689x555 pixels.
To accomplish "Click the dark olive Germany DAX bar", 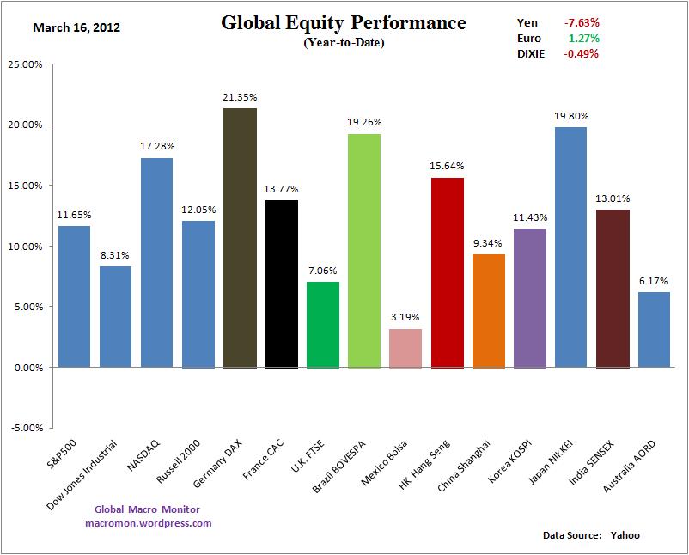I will [240, 237].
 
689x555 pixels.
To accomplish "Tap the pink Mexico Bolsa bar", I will [405, 347].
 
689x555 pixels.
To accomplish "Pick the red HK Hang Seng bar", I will [447, 271].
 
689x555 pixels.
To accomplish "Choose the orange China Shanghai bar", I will [488, 310].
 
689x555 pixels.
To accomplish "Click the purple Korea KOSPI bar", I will [529, 297].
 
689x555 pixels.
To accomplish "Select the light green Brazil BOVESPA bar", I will [364, 250].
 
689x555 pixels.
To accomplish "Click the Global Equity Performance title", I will [344, 22].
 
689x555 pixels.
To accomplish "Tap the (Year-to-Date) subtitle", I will [344, 43].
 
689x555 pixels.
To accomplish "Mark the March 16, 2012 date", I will [76, 27].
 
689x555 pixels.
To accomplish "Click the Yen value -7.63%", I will [582, 22].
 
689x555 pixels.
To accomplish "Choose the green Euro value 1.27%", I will [583, 38].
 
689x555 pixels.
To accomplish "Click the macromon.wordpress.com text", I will [149, 522].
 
